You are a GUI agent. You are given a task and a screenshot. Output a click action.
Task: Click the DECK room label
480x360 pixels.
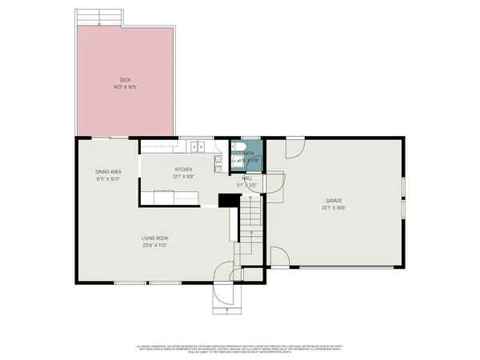click(126, 79)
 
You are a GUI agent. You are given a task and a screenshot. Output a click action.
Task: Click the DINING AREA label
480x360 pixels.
click(108, 172)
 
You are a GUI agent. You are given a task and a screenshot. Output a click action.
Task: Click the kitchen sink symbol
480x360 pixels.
click(198, 146)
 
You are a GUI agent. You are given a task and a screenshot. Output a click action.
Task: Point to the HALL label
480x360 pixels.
click(248, 178)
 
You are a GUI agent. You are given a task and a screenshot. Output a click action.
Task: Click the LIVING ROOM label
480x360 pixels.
click(154, 238)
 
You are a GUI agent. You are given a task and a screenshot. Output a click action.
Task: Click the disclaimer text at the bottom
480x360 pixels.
click(240, 347)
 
